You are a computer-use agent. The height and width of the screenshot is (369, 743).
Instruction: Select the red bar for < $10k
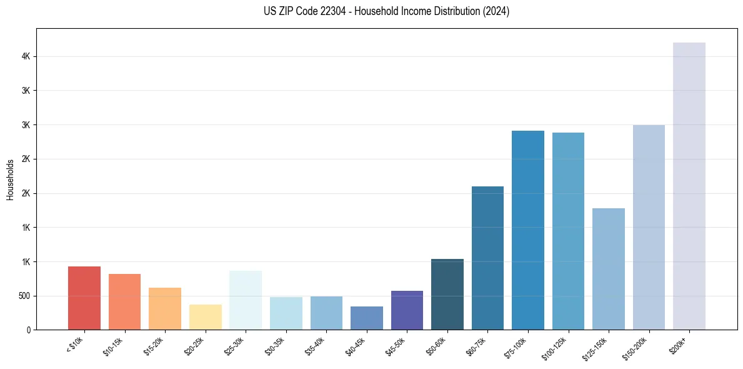[84, 298]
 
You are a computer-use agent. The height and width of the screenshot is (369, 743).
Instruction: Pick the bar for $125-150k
[609, 269]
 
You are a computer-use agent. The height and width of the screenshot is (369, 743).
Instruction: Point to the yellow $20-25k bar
[206, 317]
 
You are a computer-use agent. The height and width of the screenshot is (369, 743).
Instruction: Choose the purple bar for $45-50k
[407, 310]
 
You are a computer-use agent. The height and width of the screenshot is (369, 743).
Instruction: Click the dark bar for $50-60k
[447, 294]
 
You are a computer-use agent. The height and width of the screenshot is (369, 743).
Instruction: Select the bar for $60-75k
[487, 258]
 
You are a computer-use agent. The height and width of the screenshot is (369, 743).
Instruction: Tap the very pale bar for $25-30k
[246, 300]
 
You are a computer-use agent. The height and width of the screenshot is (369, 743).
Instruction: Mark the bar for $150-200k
[649, 227]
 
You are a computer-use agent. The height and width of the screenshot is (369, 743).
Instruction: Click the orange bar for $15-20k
[165, 308]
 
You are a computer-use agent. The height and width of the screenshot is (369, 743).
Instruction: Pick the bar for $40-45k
[367, 318]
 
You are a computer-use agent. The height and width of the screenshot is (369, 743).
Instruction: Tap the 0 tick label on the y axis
[27, 330]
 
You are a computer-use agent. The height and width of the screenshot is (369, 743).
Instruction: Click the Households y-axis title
[10, 179]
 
